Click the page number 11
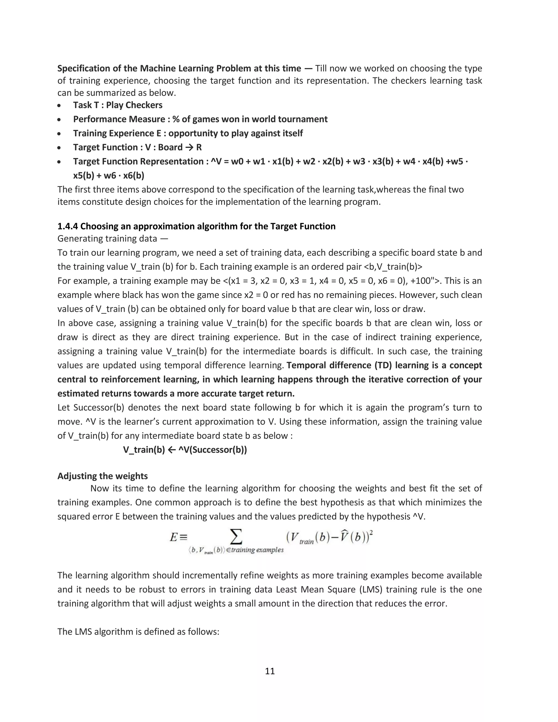[270, 671]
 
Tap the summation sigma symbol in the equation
[236, 537]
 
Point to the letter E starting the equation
[174, 538]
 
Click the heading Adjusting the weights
[102, 476]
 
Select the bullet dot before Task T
[59, 106]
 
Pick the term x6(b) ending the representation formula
[134, 175]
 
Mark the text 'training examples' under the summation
[257, 550]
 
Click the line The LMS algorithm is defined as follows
[138, 632]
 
